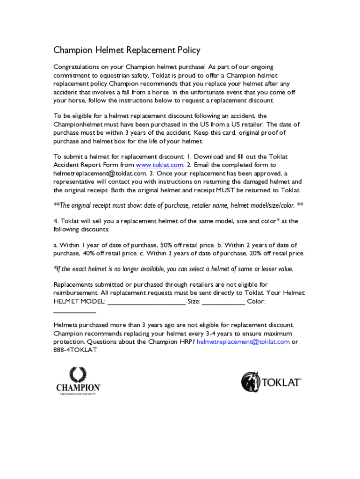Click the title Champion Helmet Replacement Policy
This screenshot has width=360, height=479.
tap(127, 50)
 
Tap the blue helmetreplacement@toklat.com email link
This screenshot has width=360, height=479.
tap(243, 342)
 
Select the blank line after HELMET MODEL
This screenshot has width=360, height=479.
tap(146, 302)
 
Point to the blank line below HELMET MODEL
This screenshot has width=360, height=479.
tap(75, 311)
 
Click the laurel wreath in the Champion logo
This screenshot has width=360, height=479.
tap(78, 374)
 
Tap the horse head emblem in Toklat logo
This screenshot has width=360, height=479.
tap(251, 382)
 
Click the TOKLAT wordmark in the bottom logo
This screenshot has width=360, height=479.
tap(281, 383)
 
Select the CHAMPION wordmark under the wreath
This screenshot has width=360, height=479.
tap(78, 388)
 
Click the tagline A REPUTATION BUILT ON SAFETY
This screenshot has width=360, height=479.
tap(78, 394)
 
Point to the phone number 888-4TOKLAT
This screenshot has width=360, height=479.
tap(75, 350)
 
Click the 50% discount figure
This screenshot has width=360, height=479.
tap(166, 245)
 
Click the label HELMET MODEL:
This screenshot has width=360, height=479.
tap(79, 302)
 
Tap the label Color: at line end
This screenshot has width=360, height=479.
tap(256, 302)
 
